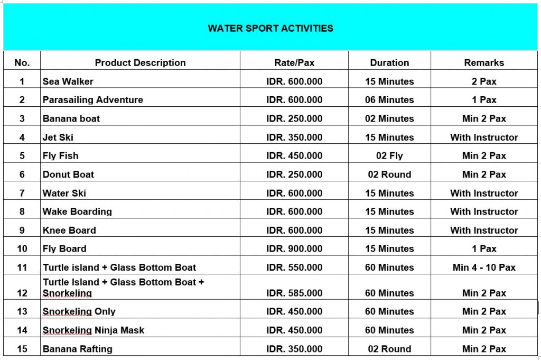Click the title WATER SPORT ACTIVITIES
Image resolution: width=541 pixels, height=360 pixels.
coord(270,28)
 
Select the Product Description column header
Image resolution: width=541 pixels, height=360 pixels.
coord(140,62)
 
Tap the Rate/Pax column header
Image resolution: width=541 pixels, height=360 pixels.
coord(294,62)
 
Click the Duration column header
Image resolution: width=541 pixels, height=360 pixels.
coord(389,62)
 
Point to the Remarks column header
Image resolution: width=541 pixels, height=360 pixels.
coord(484,62)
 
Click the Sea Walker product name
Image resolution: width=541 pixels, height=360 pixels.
coord(68,81)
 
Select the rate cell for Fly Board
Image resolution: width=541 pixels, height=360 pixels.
coord(294,248)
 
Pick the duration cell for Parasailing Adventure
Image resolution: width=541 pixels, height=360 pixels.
coord(389,100)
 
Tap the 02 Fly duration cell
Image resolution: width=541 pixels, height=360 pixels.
coord(389,155)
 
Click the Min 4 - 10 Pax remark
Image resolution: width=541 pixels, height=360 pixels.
coord(484,267)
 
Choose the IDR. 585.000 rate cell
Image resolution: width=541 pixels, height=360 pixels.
coord(294,293)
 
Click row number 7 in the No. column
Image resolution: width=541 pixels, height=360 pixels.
coord(22,193)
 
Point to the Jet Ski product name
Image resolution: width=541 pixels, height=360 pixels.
coord(58,137)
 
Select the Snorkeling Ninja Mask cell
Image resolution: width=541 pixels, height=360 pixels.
coord(94,330)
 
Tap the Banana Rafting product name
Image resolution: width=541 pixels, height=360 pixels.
coord(78,349)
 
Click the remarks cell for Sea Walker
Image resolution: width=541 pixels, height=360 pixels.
coord(484,81)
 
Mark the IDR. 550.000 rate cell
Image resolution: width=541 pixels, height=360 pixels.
coord(294,267)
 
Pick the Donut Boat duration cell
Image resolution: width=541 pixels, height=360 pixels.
coord(389,174)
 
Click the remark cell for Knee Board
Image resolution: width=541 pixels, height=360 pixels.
coord(484,230)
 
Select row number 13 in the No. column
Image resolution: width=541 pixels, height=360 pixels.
coord(22,311)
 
